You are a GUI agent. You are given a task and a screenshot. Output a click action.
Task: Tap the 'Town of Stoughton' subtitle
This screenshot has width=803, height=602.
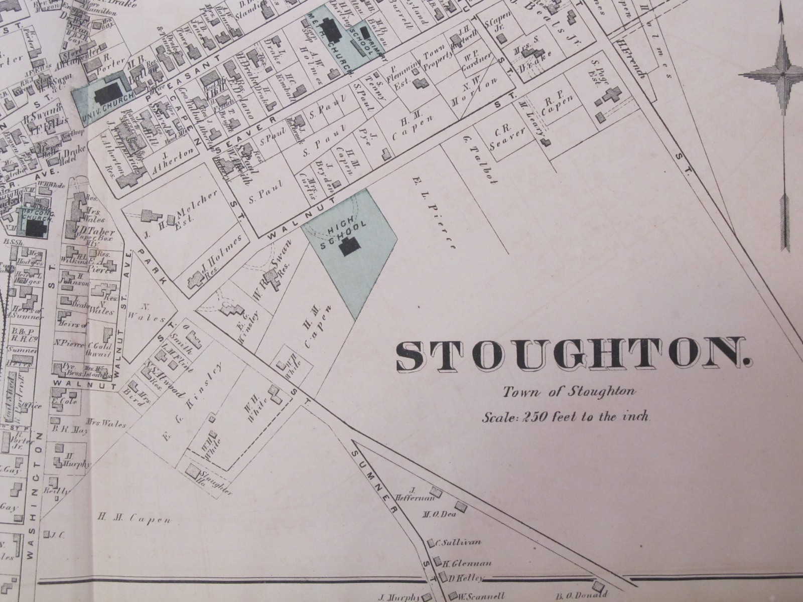tap(570, 392)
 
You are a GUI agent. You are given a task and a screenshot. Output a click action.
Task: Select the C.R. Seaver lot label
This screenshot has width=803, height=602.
tap(510, 135)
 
